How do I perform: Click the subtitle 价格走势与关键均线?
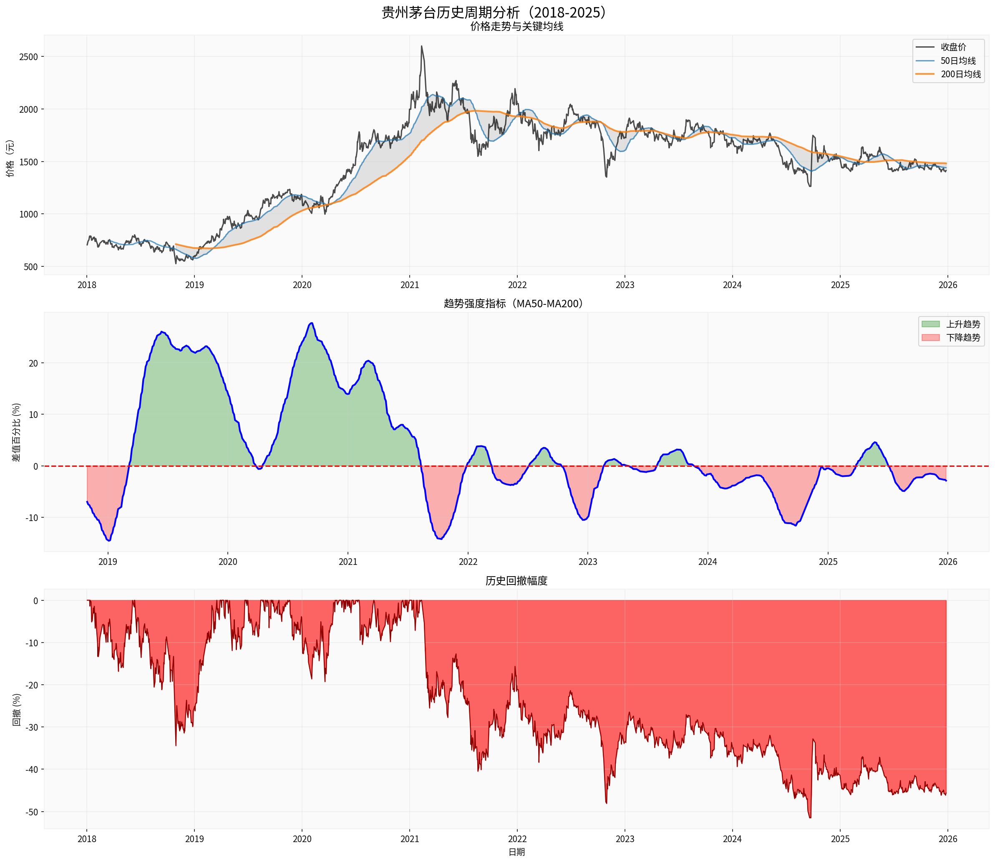click(516, 26)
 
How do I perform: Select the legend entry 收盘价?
click(953, 47)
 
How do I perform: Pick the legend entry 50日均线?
click(958, 61)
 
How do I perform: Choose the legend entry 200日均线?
click(960, 74)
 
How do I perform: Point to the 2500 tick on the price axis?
click(28, 57)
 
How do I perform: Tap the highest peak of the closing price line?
click(421, 47)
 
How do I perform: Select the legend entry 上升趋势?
click(963, 324)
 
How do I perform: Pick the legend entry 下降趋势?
click(963, 338)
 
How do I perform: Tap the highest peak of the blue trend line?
click(312, 323)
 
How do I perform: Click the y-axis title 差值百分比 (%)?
click(16, 433)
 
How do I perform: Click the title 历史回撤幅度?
click(516, 581)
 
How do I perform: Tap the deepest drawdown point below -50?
click(810, 817)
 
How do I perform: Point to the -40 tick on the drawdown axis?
click(32, 769)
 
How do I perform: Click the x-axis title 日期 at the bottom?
click(516, 852)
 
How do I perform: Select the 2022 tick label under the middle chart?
click(468, 562)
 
